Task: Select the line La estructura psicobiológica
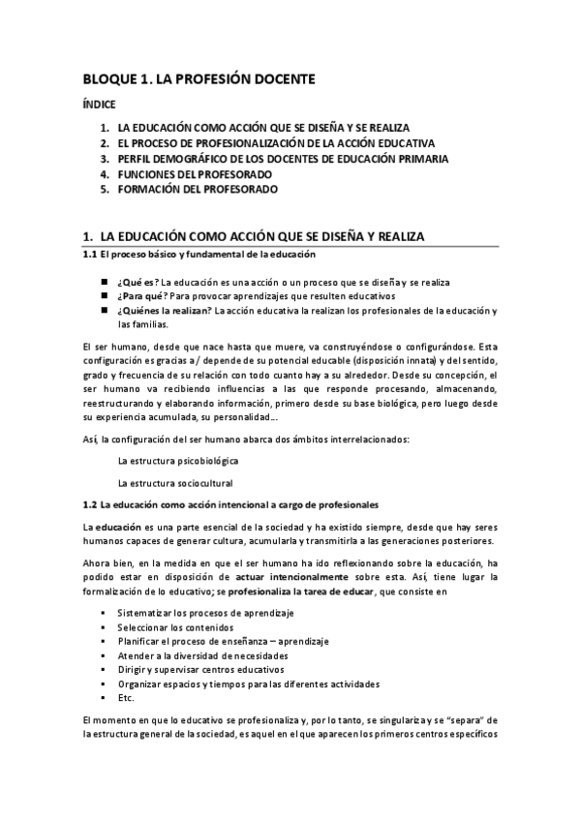(178, 461)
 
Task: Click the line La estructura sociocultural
(174, 483)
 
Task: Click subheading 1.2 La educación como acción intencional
(229, 505)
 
